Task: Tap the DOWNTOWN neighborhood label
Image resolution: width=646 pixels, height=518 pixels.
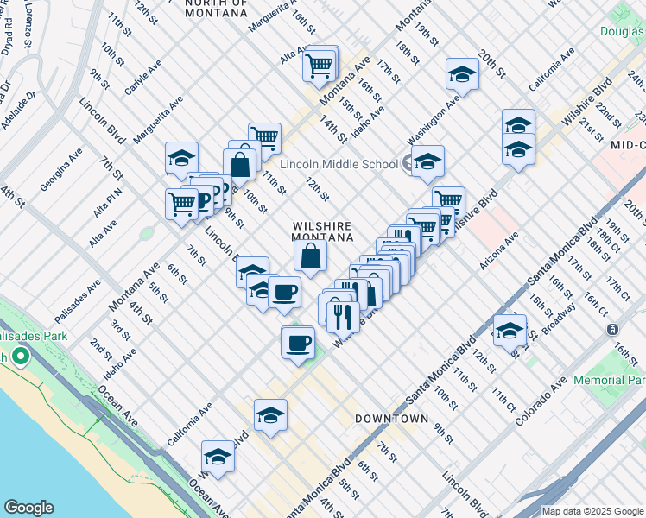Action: [391, 419]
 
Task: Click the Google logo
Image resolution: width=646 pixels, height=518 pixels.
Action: [28, 508]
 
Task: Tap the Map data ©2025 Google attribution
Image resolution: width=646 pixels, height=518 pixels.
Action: [592, 511]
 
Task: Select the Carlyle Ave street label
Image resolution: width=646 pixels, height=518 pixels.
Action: [142, 78]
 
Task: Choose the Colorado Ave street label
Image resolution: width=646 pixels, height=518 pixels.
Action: [539, 401]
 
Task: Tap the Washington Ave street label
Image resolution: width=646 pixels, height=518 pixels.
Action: [434, 119]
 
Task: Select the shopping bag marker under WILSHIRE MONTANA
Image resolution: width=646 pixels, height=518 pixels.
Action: [310, 254]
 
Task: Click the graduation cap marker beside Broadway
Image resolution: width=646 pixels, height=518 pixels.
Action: [510, 330]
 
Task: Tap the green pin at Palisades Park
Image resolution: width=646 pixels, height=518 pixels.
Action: [19, 356]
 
